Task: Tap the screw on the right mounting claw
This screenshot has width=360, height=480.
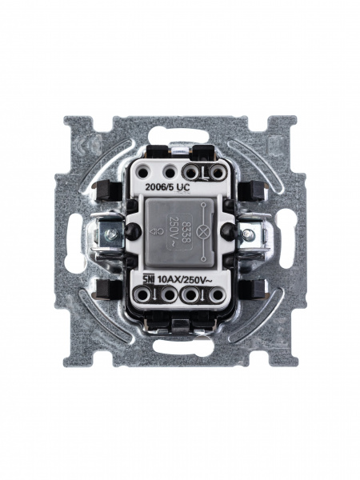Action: click(247, 234)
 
